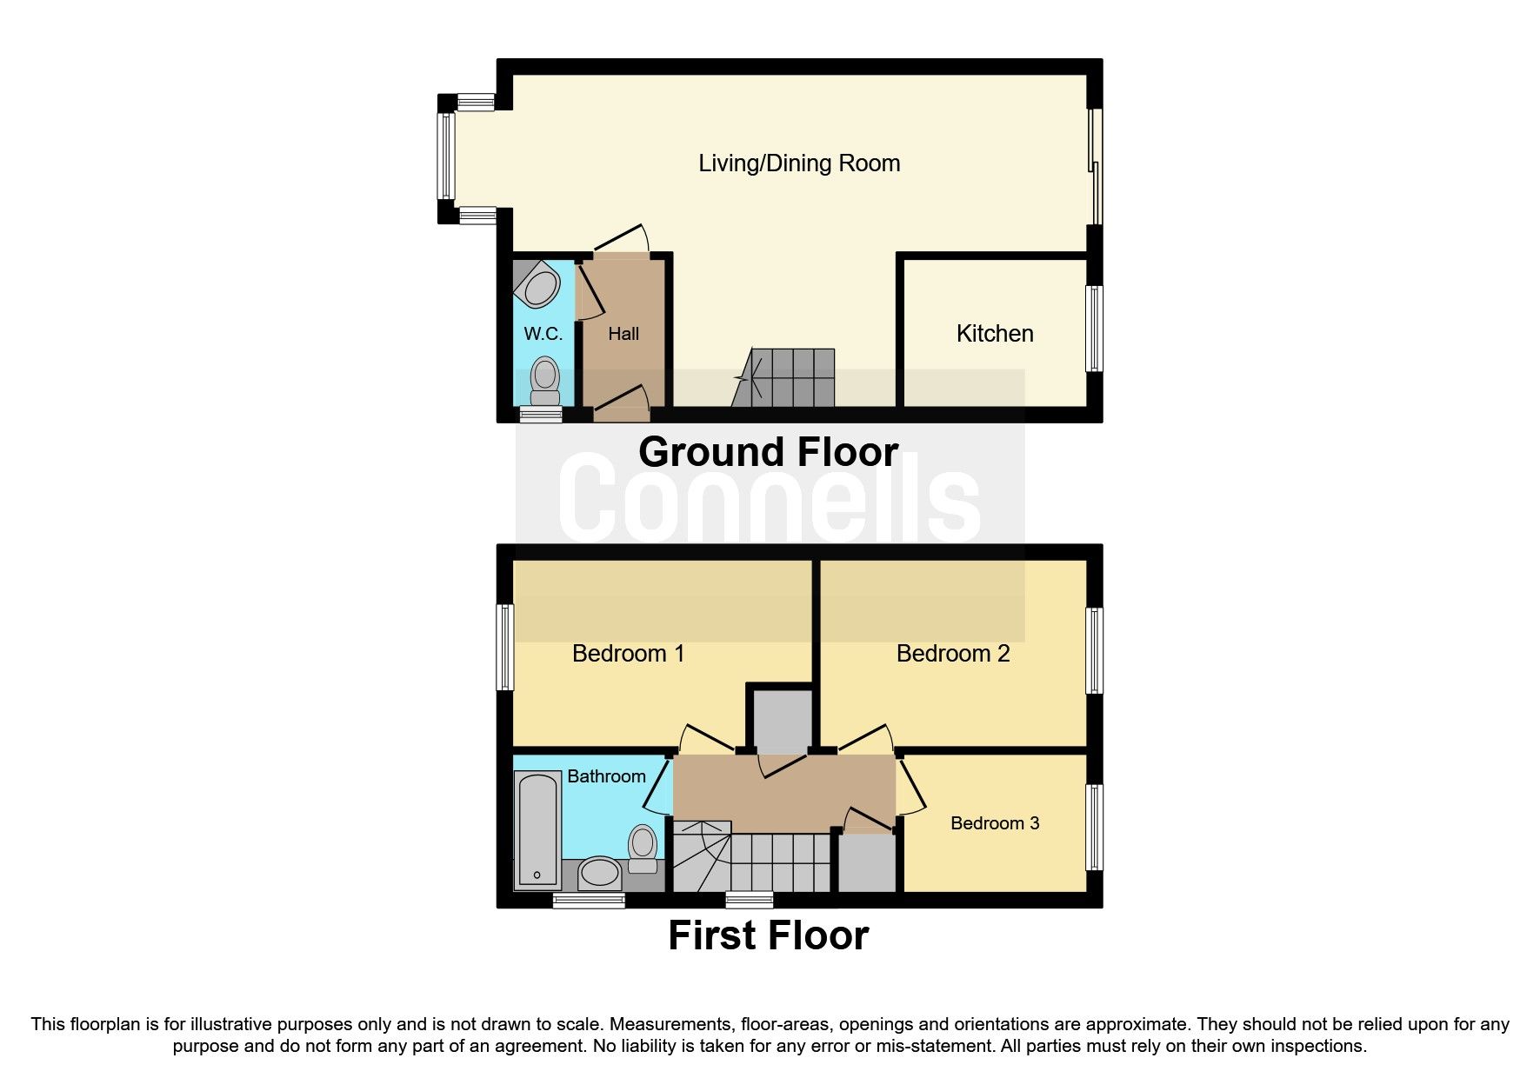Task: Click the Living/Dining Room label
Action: [x=798, y=163]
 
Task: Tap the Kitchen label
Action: [x=994, y=334]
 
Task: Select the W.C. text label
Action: [x=543, y=334]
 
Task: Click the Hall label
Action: [x=623, y=334]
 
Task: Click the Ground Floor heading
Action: [x=768, y=452]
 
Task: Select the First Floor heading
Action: [x=768, y=935]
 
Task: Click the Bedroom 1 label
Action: [x=628, y=654]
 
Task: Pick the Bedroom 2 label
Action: [x=952, y=654]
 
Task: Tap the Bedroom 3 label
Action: [x=994, y=823]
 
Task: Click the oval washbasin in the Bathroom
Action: [x=599, y=872]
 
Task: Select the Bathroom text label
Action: [x=606, y=776]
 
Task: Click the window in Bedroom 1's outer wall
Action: [x=504, y=648]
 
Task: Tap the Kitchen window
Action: [x=1095, y=329]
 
